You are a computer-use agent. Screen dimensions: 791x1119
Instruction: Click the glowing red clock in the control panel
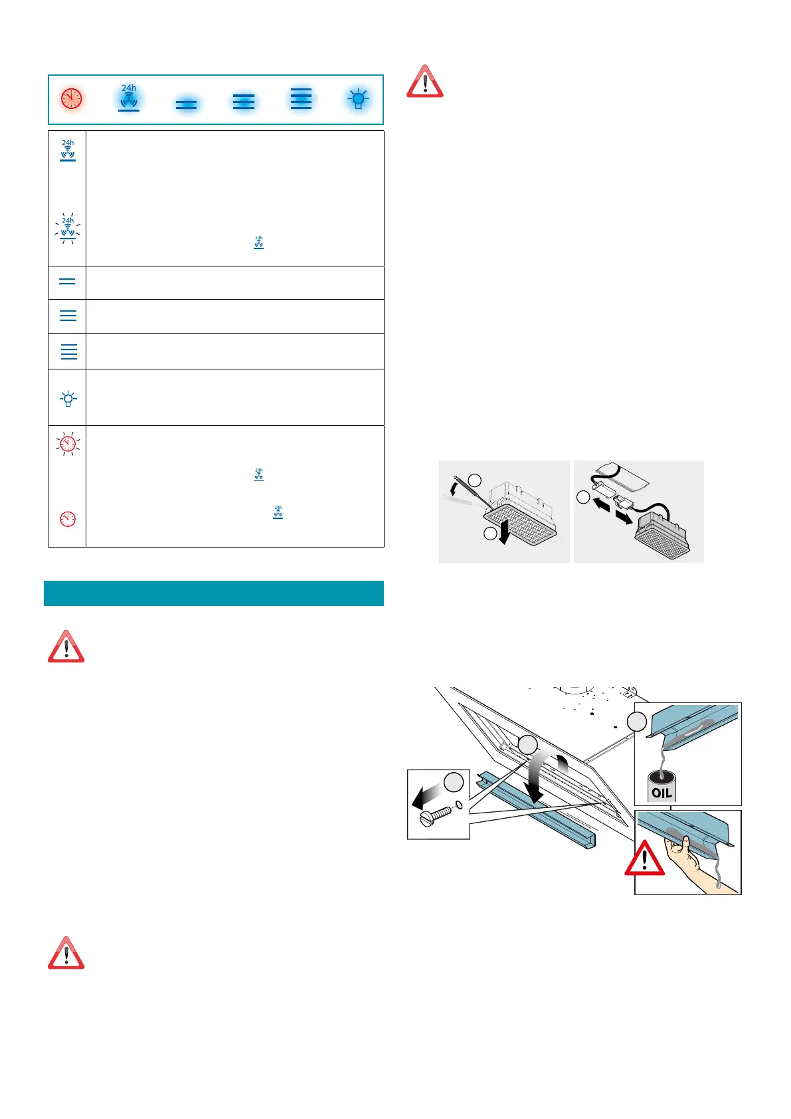[71, 98]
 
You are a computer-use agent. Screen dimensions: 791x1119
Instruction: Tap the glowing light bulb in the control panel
[359, 100]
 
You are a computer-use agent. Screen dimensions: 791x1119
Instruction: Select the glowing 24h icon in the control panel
[129, 98]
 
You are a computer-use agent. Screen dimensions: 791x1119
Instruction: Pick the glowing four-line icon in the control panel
[301, 98]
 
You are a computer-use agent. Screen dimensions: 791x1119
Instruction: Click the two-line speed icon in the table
[67, 282]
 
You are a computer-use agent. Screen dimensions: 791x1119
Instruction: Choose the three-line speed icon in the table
[68, 316]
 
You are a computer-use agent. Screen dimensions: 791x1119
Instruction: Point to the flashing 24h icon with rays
[68, 228]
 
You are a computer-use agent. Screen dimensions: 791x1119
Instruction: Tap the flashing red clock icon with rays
[68, 443]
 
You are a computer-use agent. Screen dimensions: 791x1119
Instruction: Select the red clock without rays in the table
[68, 519]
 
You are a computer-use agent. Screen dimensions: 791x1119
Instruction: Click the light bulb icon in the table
[68, 399]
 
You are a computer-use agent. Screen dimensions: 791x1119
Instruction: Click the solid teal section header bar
[213, 593]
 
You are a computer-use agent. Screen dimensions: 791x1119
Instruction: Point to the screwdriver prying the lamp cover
[468, 492]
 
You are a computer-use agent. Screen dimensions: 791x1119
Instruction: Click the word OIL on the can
[661, 792]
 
